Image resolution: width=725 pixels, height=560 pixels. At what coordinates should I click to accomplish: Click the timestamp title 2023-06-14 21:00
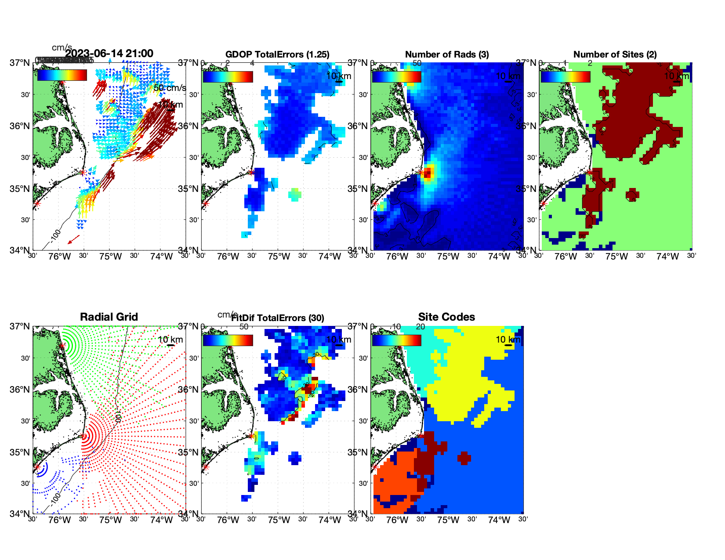[109, 54]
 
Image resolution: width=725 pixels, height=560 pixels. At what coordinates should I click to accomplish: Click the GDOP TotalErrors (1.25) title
[277, 54]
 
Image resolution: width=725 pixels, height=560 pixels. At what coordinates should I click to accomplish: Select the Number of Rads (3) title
[447, 54]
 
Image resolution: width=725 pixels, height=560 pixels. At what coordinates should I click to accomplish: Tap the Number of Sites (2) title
[615, 54]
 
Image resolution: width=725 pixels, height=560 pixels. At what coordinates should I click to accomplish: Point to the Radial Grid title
[109, 317]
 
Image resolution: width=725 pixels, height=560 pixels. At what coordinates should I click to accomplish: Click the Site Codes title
[446, 317]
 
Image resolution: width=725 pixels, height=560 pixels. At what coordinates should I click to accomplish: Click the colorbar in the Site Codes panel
[396, 340]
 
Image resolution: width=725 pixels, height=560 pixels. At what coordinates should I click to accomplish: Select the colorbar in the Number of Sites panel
[565, 77]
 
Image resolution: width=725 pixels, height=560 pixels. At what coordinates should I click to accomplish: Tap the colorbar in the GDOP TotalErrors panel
[228, 77]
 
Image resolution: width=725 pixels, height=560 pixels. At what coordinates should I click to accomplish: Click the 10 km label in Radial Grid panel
[170, 340]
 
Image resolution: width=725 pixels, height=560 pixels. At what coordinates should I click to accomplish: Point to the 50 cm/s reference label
[170, 88]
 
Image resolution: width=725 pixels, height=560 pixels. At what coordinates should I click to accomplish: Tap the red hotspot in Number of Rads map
[428, 172]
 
